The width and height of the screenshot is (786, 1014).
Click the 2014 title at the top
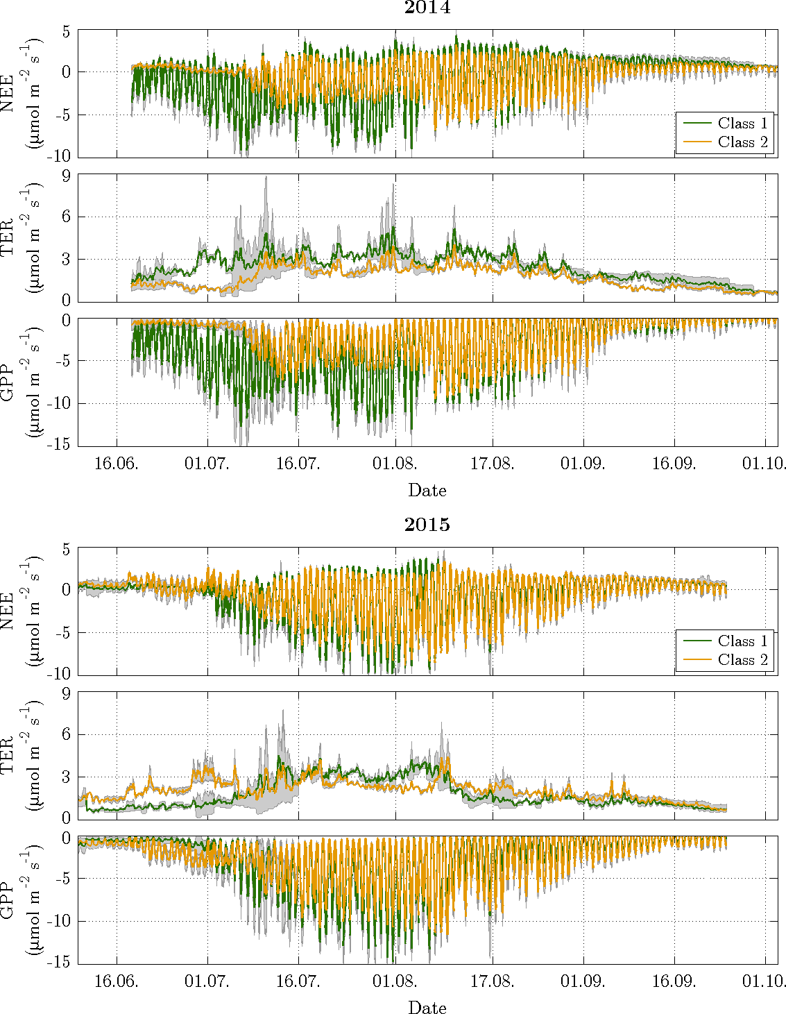(427, 8)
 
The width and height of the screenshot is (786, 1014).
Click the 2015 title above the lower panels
(427, 525)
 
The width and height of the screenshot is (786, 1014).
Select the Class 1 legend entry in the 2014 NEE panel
(742, 124)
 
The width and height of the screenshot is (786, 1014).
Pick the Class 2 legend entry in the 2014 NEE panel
(742, 142)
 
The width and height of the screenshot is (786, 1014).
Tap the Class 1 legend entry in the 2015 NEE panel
(742, 641)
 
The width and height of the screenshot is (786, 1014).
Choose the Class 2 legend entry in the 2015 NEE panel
(742, 660)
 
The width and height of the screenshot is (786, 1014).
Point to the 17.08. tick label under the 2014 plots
(493, 464)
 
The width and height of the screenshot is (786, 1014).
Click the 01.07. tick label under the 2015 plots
(207, 981)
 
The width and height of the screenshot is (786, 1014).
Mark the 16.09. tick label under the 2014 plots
(674, 464)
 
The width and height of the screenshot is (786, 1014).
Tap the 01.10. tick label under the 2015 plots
(764, 981)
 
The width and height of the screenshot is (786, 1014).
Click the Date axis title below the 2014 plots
(427, 491)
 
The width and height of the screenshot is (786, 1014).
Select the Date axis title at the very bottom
(427, 1008)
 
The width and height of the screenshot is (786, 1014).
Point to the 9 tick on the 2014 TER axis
(67, 176)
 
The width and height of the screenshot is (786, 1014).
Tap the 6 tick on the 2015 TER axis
(67, 734)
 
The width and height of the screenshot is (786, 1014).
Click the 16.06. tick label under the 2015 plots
(116, 981)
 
